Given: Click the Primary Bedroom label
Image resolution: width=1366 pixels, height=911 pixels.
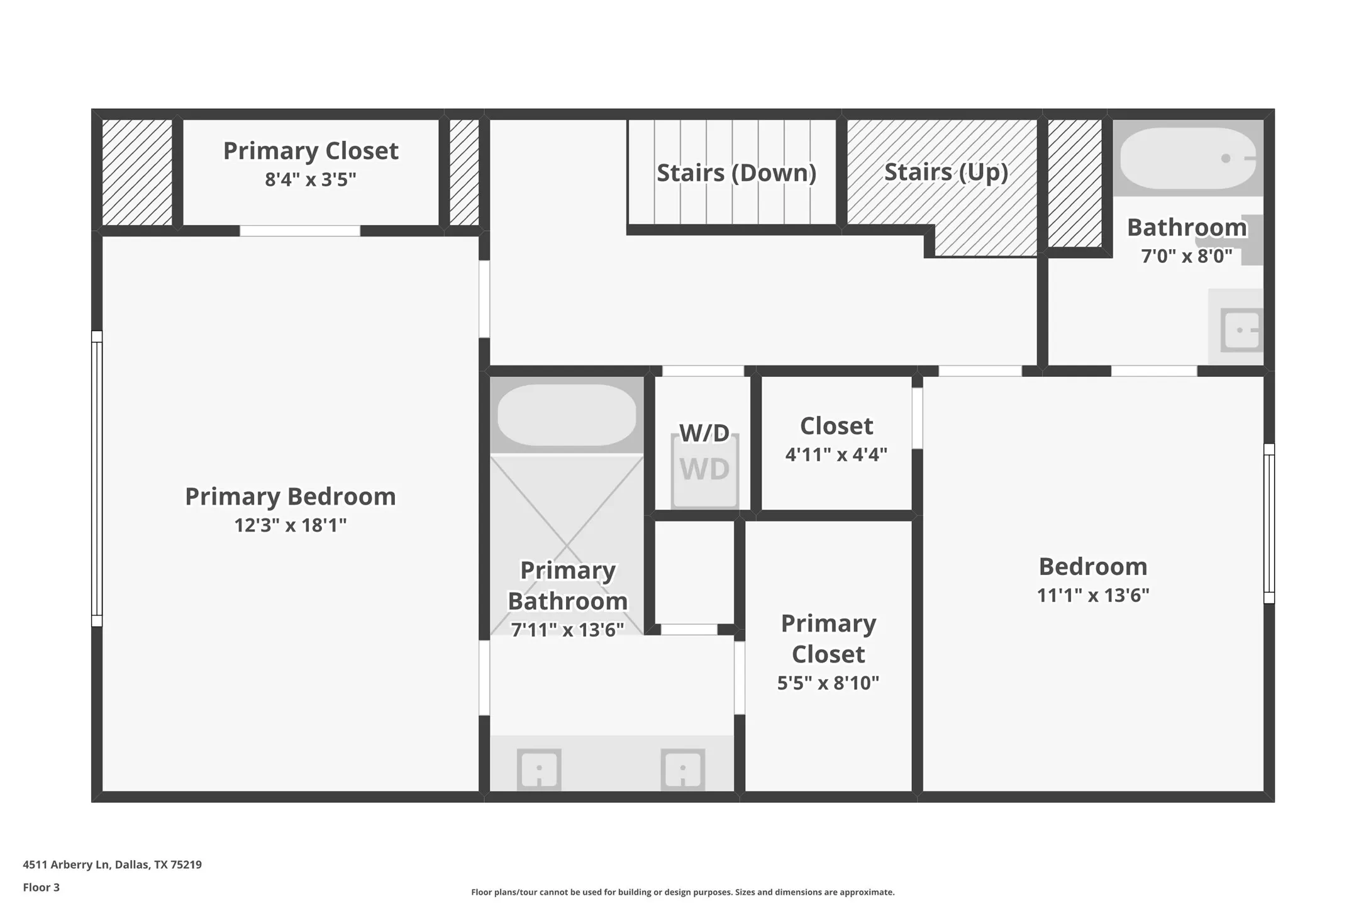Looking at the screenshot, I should [290, 496].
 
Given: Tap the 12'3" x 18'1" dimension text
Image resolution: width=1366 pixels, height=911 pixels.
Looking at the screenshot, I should [290, 525].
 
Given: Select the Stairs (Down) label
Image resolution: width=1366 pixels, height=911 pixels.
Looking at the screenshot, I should [736, 172].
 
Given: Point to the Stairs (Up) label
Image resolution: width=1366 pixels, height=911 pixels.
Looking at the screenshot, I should [946, 172].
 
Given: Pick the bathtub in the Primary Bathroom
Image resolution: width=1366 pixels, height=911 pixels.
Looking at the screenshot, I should [567, 415].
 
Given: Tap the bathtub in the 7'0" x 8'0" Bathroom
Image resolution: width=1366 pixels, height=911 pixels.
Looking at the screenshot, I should [1187, 158].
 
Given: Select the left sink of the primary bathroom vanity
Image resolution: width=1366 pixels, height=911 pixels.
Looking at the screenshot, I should [539, 769].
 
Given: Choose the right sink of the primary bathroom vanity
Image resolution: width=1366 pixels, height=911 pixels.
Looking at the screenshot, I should [682, 769].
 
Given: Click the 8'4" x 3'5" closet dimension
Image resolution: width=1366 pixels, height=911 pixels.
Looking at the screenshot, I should [310, 180].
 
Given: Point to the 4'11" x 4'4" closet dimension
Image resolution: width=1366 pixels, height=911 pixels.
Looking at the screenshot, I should [836, 454].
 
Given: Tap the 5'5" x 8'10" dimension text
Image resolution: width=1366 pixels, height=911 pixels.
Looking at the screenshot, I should [828, 683].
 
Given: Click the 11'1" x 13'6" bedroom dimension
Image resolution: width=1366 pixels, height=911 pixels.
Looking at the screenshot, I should [1092, 595].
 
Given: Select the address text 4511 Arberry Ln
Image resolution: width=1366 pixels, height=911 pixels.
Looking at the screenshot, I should [112, 864].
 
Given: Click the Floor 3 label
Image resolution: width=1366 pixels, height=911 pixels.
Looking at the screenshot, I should [41, 887].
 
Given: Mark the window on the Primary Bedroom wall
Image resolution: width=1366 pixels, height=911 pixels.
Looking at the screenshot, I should [97, 478].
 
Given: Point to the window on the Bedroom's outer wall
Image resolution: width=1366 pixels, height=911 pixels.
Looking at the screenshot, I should [1269, 523].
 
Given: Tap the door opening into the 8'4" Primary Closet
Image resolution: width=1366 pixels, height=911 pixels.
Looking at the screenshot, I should [300, 231].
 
